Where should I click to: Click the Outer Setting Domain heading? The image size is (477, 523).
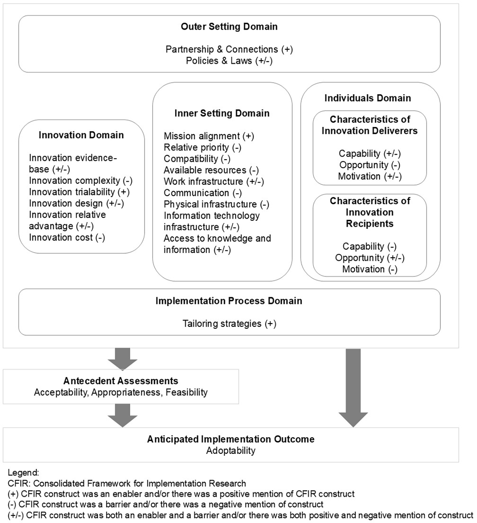[x=229, y=27]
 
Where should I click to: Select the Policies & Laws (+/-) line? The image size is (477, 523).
[x=229, y=61]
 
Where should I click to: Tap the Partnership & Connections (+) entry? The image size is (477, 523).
[x=229, y=49]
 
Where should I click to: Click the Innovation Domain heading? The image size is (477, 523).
[x=81, y=135]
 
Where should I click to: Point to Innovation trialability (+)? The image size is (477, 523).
[x=79, y=192]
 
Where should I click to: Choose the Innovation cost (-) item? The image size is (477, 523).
[x=67, y=237]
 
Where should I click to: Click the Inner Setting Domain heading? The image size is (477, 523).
[x=222, y=113]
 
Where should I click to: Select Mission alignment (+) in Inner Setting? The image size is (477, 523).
[x=209, y=136]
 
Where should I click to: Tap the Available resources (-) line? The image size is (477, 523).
[x=211, y=170]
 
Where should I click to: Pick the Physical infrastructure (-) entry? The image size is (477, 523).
[x=216, y=204]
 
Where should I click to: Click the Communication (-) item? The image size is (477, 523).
[x=202, y=193]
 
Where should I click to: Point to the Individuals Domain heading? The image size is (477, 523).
[x=368, y=98]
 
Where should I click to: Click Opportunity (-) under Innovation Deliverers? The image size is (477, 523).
[x=370, y=165]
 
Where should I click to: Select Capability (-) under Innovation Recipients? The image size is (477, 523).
[x=369, y=246]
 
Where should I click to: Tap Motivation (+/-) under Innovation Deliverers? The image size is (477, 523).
[x=370, y=176]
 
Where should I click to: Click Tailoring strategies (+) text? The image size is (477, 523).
[x=229, y=323]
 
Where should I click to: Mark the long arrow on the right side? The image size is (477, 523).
[x=353, y=387]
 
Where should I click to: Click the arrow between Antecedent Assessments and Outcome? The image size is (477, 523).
[x=122, y=415]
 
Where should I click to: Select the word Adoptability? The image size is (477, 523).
[x=230, y=450]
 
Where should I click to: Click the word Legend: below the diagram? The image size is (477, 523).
[x=23, y=473]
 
